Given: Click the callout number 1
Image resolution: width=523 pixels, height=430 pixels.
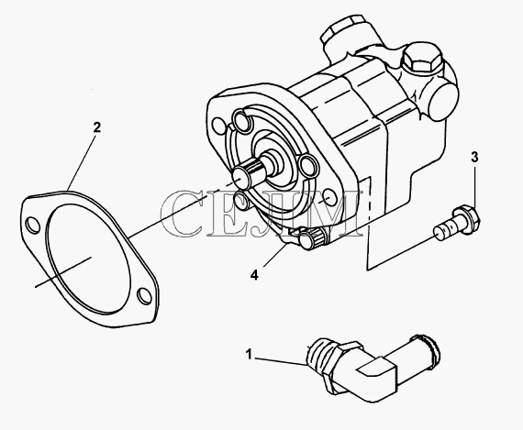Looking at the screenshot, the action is click(249, 354).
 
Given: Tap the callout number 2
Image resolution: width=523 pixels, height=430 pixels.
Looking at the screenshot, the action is click(96, 127).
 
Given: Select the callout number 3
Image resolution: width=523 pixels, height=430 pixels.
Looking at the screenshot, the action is click(474, 157).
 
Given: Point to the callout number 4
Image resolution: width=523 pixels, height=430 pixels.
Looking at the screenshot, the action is click(254, 275).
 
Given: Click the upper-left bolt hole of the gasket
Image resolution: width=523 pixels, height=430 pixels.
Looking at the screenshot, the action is click(33, 225).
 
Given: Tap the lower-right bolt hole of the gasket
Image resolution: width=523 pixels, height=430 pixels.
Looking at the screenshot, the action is click(144, 295).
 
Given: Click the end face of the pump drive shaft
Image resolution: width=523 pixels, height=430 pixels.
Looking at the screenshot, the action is click(240, 177).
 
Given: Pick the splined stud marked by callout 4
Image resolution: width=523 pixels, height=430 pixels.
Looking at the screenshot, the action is click(313, 237).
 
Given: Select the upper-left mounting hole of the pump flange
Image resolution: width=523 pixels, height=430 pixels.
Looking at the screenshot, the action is click(218, 125).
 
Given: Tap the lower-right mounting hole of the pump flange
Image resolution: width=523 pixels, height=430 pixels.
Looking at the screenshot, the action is click(330, 198).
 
